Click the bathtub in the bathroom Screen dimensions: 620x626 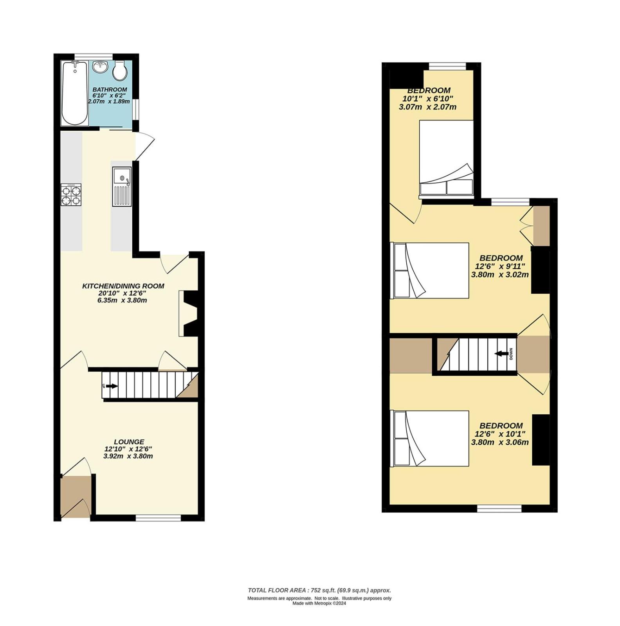[x=74, y=94]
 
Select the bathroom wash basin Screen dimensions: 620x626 [x=101, y=67]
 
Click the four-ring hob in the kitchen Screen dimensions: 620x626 [x=71, y=195]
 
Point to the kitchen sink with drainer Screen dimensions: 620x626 [x=122, y=187]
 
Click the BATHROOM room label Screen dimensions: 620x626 [x=110, y=90]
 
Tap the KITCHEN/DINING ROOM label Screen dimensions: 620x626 [x=123, y=286]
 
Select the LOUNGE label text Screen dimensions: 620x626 [x=129, y=442]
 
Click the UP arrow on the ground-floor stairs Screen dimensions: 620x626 [x=112, y=386]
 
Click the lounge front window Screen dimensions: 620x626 [x=158, y=518]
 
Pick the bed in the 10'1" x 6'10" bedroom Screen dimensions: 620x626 [x=446, y=158]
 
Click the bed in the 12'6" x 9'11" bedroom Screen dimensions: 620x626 [x=431, y=271]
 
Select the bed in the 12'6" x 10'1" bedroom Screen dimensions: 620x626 [x=431, y=439]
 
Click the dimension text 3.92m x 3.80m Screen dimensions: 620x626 [x=128, y=456]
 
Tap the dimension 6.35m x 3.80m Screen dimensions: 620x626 [x=122, y=300]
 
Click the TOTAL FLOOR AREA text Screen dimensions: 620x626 [x=319, y=590]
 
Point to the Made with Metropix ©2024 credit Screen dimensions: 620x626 [x=319, y=603]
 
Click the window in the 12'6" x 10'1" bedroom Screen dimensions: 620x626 [x=499, y=509]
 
